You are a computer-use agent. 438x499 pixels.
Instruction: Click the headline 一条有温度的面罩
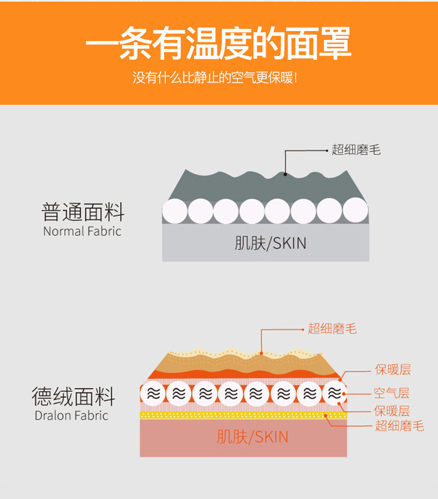(218, 43)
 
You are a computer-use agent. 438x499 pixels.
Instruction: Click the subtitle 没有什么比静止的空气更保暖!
(218, 79)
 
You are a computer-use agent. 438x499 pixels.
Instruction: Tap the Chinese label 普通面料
(83, 212)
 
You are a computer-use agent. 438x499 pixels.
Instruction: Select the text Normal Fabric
(82, 231)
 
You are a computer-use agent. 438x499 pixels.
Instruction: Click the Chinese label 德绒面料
(74, 396)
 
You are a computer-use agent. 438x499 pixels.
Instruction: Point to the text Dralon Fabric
(71, 415)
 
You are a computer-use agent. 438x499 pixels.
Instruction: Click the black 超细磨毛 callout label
(356, 150)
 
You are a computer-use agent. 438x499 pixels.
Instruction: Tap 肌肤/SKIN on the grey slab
(271, 243)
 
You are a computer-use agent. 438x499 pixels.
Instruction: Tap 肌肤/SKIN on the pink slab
(253, 437)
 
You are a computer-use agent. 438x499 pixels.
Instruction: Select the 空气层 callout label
(392, 394)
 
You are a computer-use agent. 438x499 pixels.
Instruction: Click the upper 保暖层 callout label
(392, 370)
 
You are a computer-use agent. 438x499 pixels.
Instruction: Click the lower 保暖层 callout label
(392, 410)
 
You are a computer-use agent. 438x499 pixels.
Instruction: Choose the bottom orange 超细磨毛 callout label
(399, 426)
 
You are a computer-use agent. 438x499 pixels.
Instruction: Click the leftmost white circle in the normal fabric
(175, 211)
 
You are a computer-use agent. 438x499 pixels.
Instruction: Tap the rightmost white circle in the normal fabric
(355, 211)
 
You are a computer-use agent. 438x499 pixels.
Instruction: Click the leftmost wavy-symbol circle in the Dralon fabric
(153, 394)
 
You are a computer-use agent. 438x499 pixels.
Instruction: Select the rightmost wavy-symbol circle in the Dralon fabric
(334, 393)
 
